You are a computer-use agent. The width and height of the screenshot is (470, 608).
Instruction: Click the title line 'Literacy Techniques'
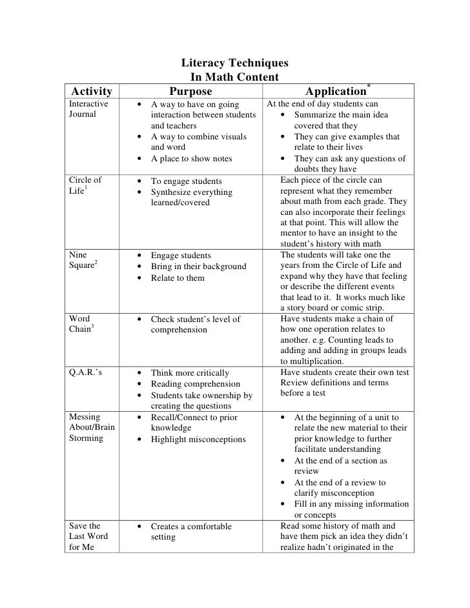click(234, 64)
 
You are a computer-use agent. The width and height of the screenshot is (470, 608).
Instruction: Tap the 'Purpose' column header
click(190, 92)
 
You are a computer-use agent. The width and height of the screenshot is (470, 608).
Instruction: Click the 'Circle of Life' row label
click(85, 186)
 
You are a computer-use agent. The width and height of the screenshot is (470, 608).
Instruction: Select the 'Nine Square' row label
click(84, 261)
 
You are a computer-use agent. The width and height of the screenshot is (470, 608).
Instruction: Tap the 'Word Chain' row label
click(82, 325)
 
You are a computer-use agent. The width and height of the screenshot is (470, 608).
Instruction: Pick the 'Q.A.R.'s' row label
click(86, 372)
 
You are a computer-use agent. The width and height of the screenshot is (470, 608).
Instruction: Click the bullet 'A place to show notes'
click(190, 159)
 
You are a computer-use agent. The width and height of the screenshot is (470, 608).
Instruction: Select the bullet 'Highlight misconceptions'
click(198, 440)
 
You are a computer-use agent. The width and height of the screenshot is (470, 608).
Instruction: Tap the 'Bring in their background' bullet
click(198, 267)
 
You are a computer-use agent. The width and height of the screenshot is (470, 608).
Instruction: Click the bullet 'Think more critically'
click(189, 372)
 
